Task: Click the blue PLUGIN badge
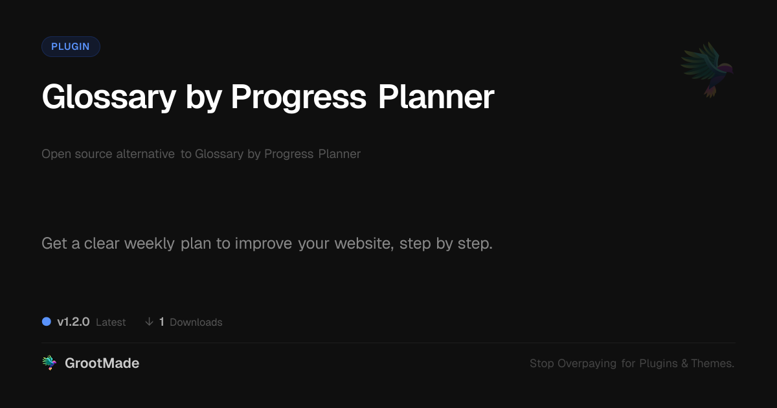pos(71,47)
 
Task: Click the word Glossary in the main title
pos(109,98)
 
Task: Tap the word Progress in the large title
pos(298,98)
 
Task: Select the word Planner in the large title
pos(436,96)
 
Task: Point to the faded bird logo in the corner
pos(708,70)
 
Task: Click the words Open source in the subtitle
pos(77,154)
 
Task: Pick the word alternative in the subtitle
pos(145,153)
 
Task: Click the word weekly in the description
pos(150,244)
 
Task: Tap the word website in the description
pos(364,244)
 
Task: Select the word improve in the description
pos(264,244)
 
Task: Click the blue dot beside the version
pos(47,322)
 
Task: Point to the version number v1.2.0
pos(73,322)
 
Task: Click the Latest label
pos(111,323)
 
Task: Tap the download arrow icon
pos(149,322)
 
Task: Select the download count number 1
pos(162,322)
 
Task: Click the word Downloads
pos(196,323)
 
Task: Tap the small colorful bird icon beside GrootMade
pos(49,363)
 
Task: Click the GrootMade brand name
pos(102,363)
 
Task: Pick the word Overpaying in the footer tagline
pos(587,363)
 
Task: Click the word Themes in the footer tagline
pos(712,363)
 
